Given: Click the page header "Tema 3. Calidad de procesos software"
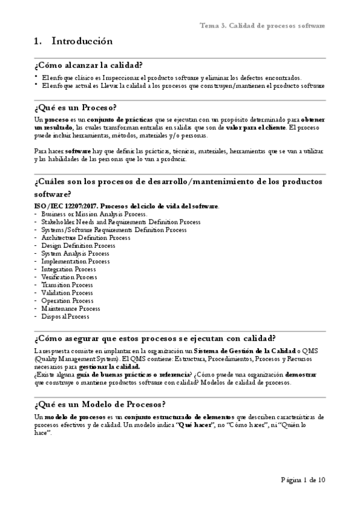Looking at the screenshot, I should click(x=262, y=26).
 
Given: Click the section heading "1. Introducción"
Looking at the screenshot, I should click(x=74, y=41).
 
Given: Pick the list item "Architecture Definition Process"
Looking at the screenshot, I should click(x=85, y=238).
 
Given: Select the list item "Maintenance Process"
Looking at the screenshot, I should click(x=70, y=308).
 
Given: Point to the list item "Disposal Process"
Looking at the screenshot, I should click(x=65, y=316).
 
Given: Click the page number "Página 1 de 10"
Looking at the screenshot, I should click(x=303, y=480).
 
